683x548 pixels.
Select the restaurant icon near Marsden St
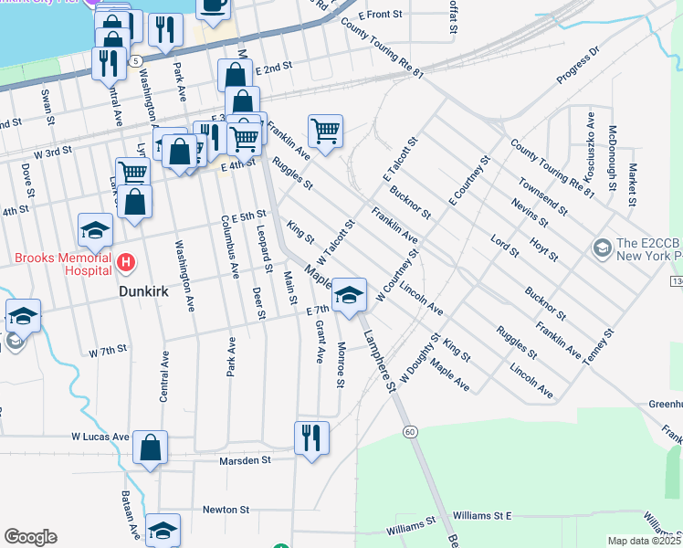pos(311,437)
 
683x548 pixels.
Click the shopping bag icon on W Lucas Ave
pos(150,447)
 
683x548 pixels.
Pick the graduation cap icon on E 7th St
pos(349,294)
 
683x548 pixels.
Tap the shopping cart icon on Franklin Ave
pos(325,131)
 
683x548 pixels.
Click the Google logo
pos(30,537)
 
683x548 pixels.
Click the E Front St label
pos(380,15)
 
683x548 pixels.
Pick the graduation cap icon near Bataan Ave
pos(163,530)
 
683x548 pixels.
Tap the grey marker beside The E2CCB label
pos(602,248)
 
